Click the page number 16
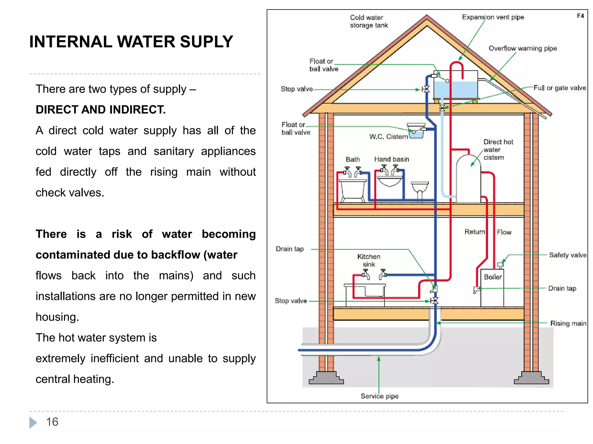pyautogui.click(x=52, y=422)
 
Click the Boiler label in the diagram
pyautogui.click(x=493, y=277)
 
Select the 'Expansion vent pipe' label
pyautogui.click(x=493, y=17)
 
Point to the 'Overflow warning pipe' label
pyautogui.click(x=523, y=48)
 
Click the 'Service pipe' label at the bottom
pyautogui.click(x=379, y=396)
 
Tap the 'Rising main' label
pyautogui.click(x=568, y=323)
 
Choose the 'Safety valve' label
pyautogui.click(x=568, y=255)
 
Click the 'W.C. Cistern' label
pyautogui.click(x=388, y=136)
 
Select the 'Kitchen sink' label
pyautogui.click(x=369, y=260)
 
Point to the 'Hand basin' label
pyautogui.click(x=391, y=159)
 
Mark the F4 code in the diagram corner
pyautogui.click(x=580, y=16)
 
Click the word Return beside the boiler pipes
pyautogui.click(x=475, y=232)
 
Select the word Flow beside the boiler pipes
pyautogui.click(x=504, y=232)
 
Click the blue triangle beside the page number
pyautogui.click(x=33, y=422)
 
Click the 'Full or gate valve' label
pyautogui.click(x=559, y=88)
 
